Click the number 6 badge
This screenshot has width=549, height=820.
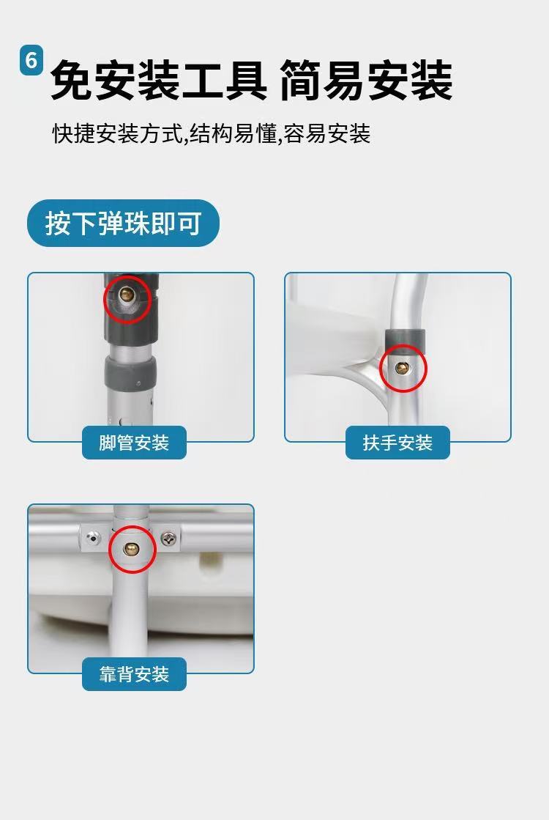31,61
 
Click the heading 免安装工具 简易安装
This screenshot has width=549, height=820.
251,80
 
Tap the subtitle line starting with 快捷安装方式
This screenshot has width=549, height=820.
212,133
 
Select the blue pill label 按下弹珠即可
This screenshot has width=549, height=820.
123,224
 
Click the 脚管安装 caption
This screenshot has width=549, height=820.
134,443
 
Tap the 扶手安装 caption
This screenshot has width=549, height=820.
397,443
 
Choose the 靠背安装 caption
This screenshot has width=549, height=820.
134,674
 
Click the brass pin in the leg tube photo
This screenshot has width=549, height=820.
127,295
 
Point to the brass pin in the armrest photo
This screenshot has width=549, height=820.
402,368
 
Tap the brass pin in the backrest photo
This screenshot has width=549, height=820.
131,549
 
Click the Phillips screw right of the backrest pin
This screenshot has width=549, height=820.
168,538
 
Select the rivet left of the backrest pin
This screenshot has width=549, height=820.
93,537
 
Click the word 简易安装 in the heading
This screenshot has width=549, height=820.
366,80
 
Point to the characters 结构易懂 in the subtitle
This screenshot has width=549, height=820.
233,133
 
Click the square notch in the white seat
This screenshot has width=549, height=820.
211,561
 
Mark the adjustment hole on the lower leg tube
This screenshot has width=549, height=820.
122,421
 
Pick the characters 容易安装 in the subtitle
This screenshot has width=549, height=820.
327,133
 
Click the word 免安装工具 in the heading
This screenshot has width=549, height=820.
159,80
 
